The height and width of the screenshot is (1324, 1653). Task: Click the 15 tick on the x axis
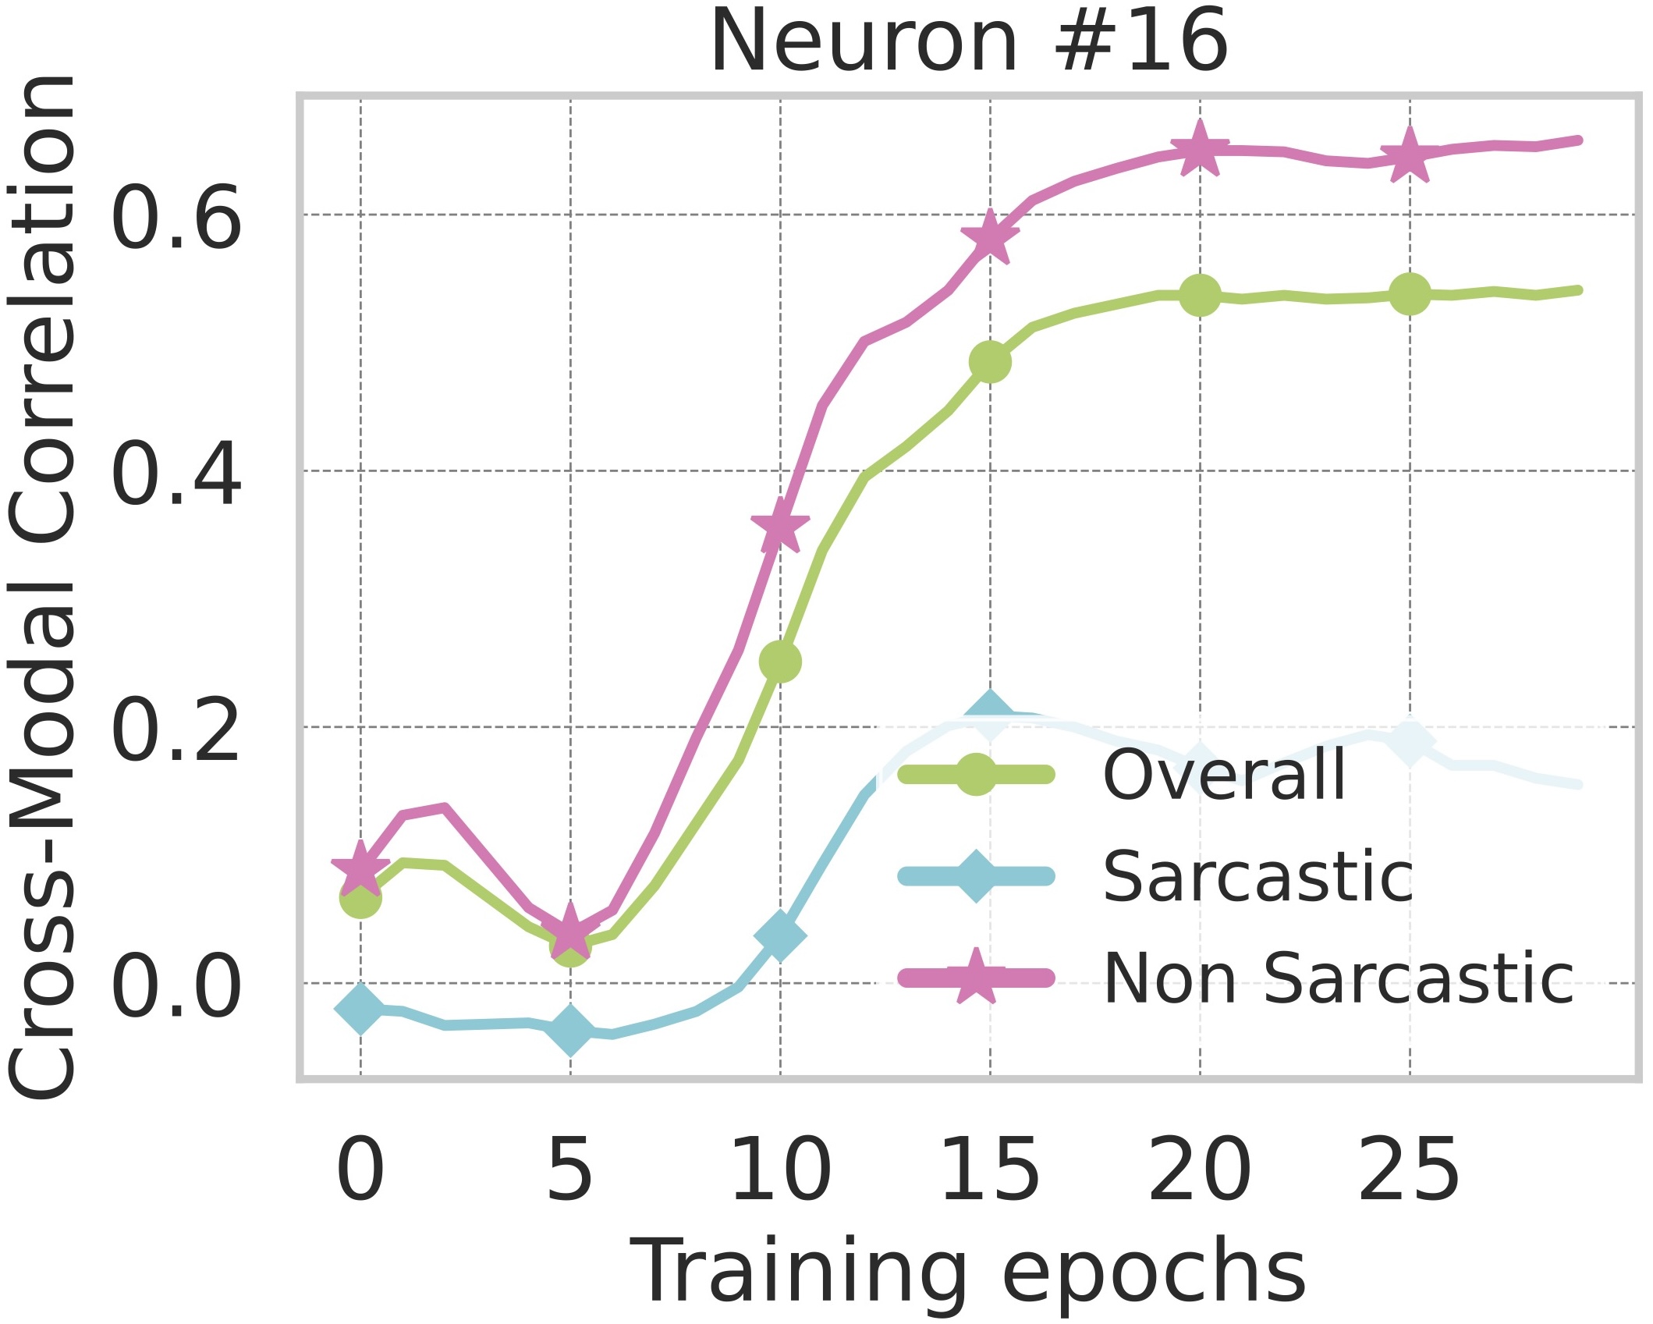(990, 1170)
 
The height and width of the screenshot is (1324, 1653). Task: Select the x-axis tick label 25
(1409, 1170)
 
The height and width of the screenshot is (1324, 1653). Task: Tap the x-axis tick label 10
(780, 1170)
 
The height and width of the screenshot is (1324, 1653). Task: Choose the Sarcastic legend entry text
(1257, 876)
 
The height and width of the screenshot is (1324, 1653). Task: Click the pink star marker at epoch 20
(1200, 149)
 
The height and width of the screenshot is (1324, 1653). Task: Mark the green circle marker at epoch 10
(780, 662)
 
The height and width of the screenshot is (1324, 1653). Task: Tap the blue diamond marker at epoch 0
(360, 1008)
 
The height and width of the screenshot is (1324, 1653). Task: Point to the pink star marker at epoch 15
(990, 236)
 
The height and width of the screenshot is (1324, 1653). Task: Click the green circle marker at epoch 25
(1409, 294)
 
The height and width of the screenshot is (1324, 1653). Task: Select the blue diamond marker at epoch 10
(780, 935)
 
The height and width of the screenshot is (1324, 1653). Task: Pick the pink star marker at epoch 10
(780, 525)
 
